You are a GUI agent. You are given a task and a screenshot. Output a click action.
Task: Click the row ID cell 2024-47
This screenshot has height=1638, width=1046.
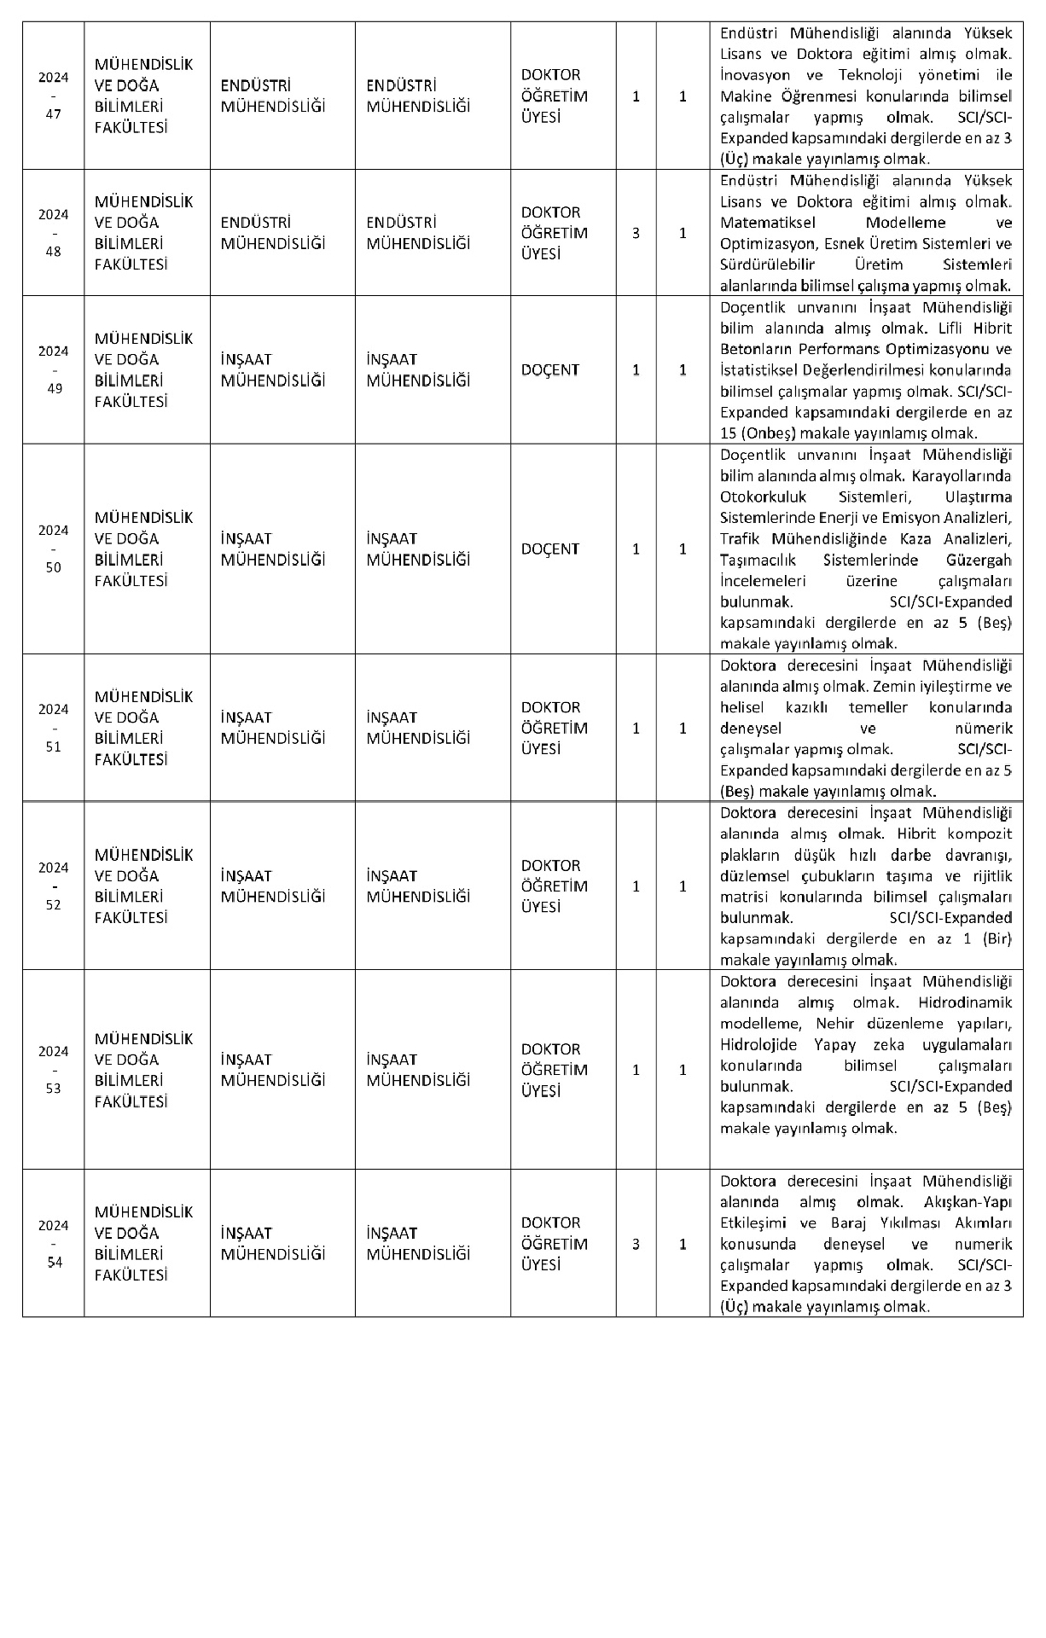tap(53, 96)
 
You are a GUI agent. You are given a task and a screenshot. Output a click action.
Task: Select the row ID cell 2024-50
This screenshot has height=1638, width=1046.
tap(53, 549)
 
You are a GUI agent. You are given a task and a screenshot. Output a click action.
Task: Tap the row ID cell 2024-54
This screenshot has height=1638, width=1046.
tap(53, 1244)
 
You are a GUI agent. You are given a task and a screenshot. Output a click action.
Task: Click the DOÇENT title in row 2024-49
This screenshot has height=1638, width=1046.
tap(550, 370)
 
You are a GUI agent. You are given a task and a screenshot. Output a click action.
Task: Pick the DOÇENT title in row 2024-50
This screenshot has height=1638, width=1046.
tap(550, 549)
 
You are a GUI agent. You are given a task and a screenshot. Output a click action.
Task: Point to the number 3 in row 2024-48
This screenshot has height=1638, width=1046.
tap(636, 233)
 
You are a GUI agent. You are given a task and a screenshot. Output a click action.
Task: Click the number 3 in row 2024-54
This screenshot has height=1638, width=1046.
tap(636, 1244)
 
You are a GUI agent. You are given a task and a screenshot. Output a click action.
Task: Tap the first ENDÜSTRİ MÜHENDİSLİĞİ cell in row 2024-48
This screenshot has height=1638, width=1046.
tap(273, 233)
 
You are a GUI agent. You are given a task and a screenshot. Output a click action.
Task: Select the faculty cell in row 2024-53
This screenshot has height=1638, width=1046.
tap(143, 1070)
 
